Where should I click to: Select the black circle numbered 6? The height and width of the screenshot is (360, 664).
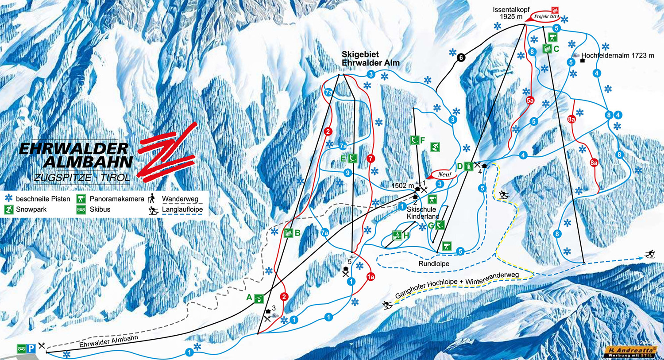pyautogui.click(x=461, y=57)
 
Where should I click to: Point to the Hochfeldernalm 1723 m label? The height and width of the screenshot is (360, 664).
pyautogui.click(x=617, y=56)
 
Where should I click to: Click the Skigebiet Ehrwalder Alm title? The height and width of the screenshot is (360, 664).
pyautogui.click(x=370, y=58)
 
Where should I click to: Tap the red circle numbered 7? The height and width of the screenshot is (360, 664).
pyautogui.click(x=371, y=158)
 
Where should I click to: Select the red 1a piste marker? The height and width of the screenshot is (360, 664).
pyautogui.click(x=371, y=277)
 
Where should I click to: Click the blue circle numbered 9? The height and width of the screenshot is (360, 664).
pyautogui.click(x=348, y=173)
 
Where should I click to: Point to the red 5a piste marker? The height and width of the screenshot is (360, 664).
pyautogui.click(x=530, y=101)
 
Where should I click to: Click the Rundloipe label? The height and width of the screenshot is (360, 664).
pyautogui.click(x=434, y=264)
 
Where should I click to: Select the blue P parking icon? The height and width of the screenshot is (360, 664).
pyautogui.click(x=31, y=348)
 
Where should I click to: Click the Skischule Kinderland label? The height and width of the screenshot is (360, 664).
pyautogui.click(x=421, y=213)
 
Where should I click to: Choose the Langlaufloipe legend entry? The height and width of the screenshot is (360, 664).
pyautogui.click(x=182, y=209)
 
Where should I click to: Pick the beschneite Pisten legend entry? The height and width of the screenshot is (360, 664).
pyautogui.click(x=42, y=199)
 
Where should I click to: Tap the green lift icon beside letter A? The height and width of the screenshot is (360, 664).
pyautogui.click(x=259, y=298)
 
